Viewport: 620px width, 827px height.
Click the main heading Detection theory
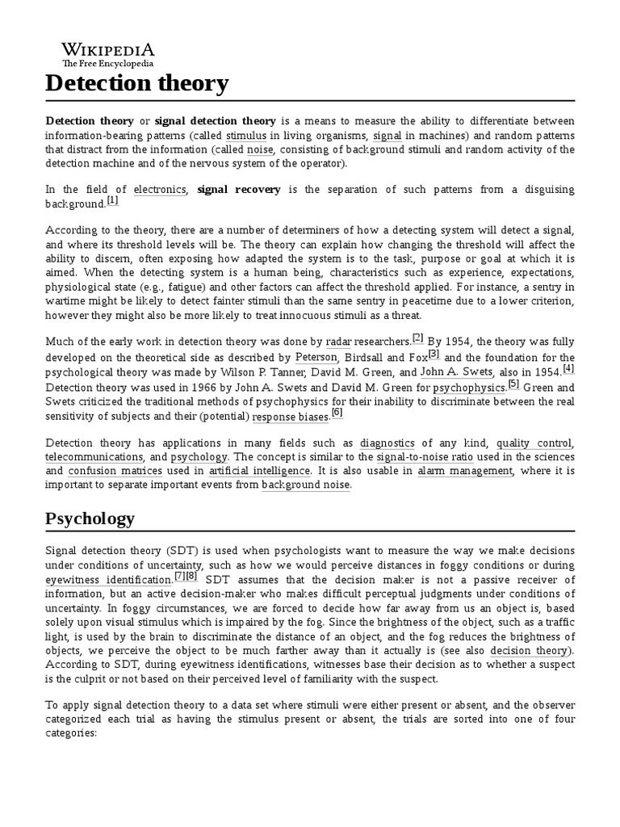coord(137,82)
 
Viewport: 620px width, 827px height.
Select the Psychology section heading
coord(90,518)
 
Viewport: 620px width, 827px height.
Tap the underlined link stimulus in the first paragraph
coord(246,136)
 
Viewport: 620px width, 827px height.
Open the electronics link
coord(160,189)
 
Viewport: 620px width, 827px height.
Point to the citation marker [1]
coord(112,200)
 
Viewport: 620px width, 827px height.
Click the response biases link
coord(290,417)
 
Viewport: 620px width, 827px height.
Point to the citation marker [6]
coord(337,413)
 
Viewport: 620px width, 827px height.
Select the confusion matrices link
coord(115,471)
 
